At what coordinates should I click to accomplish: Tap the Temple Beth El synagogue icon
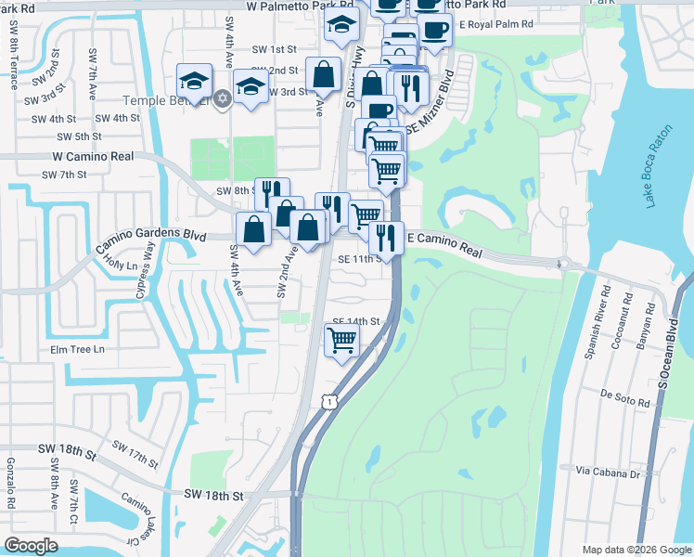221,98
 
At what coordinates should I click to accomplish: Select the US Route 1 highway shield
328,400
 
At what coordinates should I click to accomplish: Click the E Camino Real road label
444,245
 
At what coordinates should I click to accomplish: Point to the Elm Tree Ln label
78,350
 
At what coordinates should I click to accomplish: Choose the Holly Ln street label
121,266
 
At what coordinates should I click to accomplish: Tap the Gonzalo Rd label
10,484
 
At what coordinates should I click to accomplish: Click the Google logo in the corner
32,545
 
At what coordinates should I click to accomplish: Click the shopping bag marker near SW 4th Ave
253,229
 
